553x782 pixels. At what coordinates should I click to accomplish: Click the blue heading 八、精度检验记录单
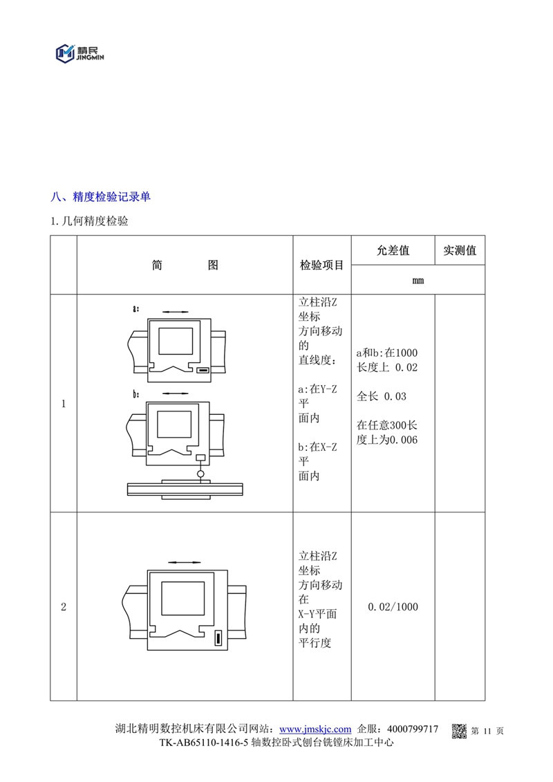click(x=101, y=197)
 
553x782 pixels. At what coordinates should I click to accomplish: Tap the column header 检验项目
click(x=321, y=266)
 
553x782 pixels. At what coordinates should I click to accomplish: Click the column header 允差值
click(x=393, y=250)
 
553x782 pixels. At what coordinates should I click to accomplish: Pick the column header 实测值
click(x=460, y=250)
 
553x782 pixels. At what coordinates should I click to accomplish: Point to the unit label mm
click(x=418, y=280)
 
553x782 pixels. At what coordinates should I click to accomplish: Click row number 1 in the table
click(x=64, y=404)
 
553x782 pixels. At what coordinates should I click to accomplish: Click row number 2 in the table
click(x=64, y=608)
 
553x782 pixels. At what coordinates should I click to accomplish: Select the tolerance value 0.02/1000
click(x=393, y=607)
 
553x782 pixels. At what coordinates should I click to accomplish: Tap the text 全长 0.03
click(x=382, y=396)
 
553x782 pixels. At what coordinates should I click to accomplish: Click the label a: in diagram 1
click(x=137, y=308)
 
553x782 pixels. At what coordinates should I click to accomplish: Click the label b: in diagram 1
click(x=137, y=394)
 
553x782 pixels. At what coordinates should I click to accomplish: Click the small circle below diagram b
click(x=200, y=474)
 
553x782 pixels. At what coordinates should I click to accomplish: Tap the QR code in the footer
click(x=460, y=731)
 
